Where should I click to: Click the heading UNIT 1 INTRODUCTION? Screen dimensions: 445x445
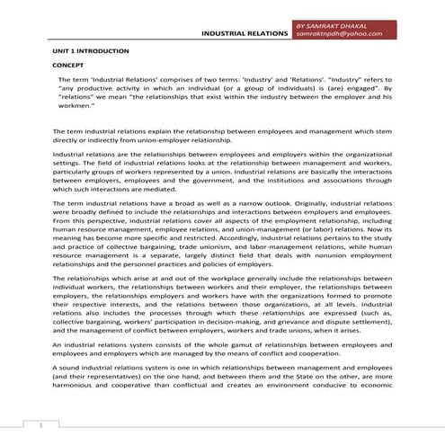85,54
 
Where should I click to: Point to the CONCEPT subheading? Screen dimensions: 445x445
68,67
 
